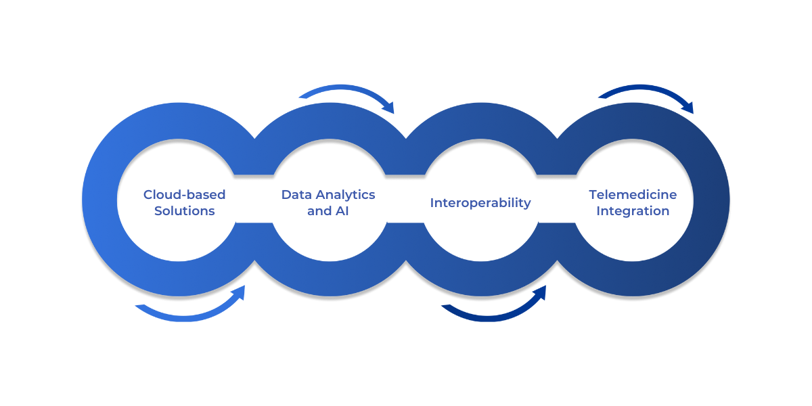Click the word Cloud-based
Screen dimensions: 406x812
(184, 195)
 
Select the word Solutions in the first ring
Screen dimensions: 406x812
(184, 211)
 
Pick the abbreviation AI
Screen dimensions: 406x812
(342, 211)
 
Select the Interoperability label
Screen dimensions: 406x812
(480, 203)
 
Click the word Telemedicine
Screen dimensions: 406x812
(633, 195)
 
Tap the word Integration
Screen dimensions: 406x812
(633, 211)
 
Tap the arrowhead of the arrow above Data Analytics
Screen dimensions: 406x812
(388, 106)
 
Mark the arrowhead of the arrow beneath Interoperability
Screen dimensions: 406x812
(539, 292)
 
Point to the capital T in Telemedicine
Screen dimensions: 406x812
(593, 195)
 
